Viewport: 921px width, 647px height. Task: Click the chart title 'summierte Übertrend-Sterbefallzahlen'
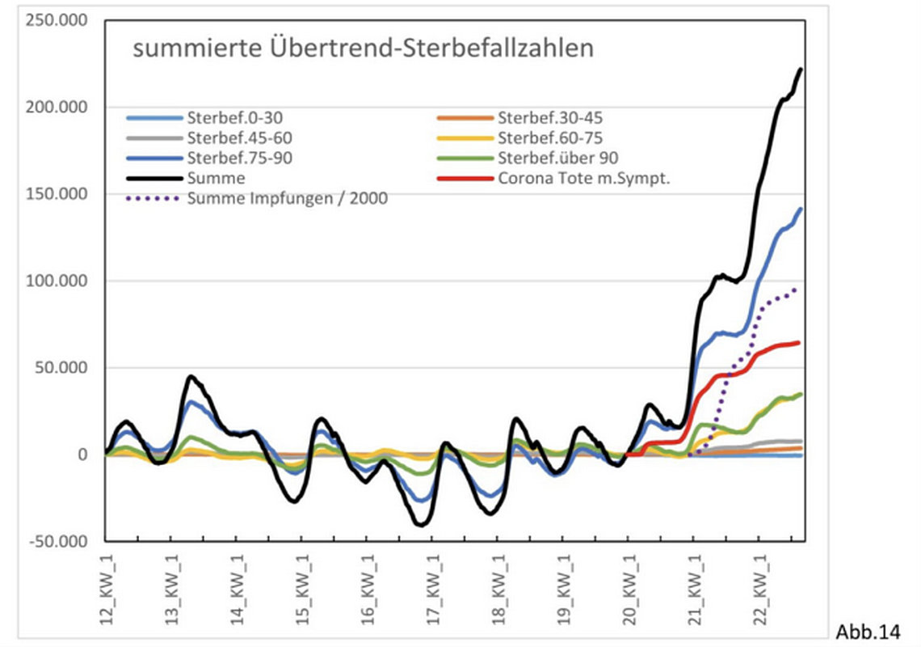tap(363, 48)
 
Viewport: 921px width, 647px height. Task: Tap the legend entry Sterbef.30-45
tap(549, 117)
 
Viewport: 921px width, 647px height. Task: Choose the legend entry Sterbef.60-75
tap(549, 137)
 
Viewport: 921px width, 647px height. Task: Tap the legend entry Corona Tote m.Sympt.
tap(584, 179)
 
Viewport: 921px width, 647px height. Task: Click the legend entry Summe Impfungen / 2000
tap(287, 199)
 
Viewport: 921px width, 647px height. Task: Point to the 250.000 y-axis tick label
tap(57, 20)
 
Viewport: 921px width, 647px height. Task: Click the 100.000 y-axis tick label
tap(57, 281)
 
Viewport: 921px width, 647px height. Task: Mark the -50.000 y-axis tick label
tap(57, 541)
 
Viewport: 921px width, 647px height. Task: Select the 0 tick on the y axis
tap(82, 455)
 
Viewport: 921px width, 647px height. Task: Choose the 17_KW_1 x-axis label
tap(433, 586)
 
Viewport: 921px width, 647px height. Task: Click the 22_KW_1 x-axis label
tap(759, 586)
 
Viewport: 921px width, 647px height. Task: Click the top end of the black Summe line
tap(801, 70)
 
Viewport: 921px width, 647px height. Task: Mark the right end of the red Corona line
tap(799, 343)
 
